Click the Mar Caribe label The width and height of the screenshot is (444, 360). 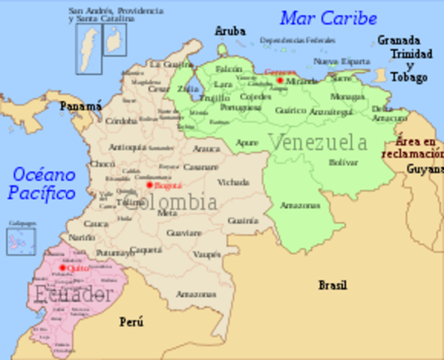[x=328, y=17]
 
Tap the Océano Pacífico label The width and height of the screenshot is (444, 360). [x=43, y=184]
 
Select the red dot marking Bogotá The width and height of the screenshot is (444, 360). [x=149, y=184]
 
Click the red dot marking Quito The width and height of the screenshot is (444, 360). [x=63, y=267]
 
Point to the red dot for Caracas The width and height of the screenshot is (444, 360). [x=280, y=79]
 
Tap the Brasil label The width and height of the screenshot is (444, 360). [x=332, y=285]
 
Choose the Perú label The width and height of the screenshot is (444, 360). [x=131, y=322]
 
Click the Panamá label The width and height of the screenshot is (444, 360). [x=80, y=106]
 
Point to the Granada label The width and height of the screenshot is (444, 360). [x=398, y=40]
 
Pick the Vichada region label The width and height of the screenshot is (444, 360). [x=232, y=182]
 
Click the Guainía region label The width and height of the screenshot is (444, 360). [x=242, y=220]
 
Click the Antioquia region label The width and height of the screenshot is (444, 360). [x=127, y=147]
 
